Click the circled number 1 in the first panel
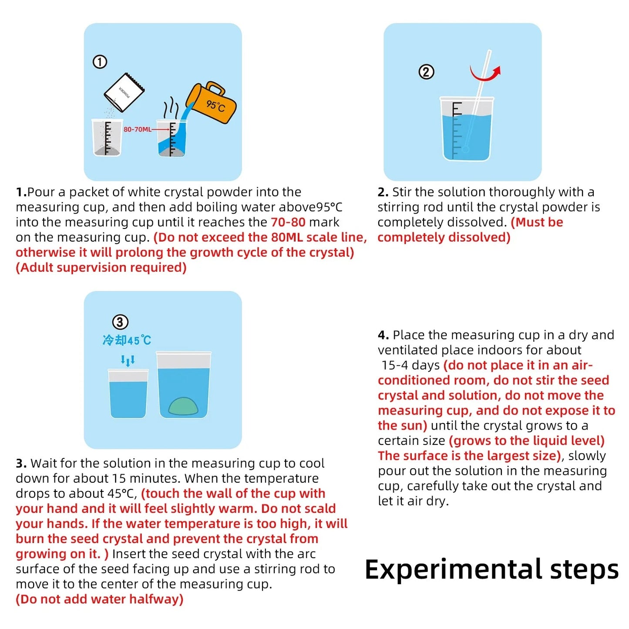tap(100, 62)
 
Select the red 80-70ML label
tap(137, 129)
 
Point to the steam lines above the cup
tap(171, 107)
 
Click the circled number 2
tap(426, 72)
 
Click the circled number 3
tap(120, 322)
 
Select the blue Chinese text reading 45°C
tap(127, 340)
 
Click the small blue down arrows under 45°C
tap(128, 360)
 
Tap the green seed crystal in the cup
tap(183, 406)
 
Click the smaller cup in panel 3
tap(128, 394)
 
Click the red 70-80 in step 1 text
tap(288, 222)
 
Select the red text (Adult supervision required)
tap(101, 267)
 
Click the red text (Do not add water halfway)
tap(99, 599)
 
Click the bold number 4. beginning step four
tap(383, 335)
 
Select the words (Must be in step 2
tap(537, 222)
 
